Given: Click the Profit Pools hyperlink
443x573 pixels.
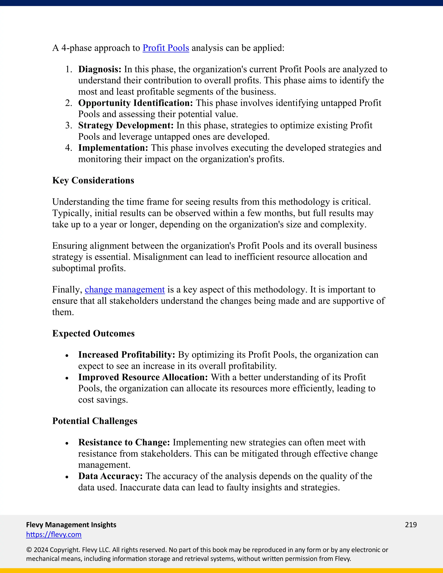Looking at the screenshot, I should [166, 48].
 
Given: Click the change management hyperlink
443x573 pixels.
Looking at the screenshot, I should [125, 290].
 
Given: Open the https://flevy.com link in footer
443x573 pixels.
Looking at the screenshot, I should [54, 535].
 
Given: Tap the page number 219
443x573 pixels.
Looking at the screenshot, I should [411, 525].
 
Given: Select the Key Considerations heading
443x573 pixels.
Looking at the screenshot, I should [93, 181].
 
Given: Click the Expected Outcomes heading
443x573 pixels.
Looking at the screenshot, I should [93, 333].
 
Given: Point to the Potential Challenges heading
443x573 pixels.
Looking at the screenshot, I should [95, 421].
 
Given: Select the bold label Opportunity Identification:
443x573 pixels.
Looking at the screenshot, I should [135, 103].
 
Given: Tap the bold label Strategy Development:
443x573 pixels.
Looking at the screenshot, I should [126, 126].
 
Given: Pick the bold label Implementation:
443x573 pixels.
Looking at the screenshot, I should [113, 148].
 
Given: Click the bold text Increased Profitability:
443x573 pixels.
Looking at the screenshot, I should [127, 355].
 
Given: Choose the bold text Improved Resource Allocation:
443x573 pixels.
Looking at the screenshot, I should [143, 377].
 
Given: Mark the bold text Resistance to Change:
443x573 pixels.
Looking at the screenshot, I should [124, 442].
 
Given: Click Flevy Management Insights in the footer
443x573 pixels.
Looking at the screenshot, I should [71, 525].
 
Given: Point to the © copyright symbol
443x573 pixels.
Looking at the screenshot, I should [29, 550].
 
